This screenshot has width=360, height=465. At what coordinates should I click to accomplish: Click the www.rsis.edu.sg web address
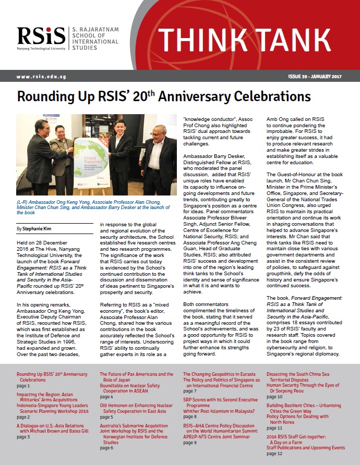pos(40,77)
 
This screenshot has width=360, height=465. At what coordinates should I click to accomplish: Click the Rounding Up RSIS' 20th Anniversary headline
pos(164,97)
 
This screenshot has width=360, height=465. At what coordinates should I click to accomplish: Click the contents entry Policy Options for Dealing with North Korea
pos(297,420)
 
